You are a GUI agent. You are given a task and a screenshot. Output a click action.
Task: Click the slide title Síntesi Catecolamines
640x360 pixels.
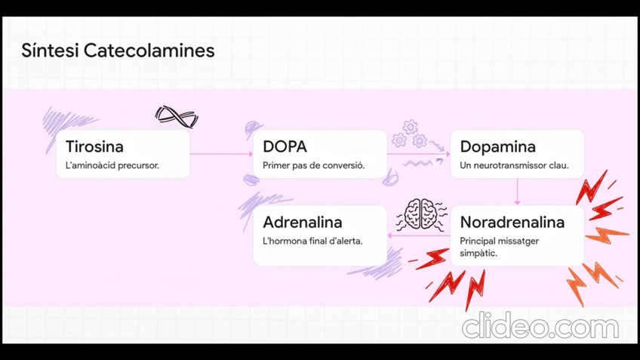click(118, 51)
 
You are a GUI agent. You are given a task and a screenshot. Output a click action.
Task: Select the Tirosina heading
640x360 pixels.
click(94, 146)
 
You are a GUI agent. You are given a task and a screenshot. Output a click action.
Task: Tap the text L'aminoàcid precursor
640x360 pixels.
click(112, 165)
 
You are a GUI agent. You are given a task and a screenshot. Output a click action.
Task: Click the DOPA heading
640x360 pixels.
click(285, 146)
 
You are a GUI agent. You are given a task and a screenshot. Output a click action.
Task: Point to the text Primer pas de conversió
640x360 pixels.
click(313, 165)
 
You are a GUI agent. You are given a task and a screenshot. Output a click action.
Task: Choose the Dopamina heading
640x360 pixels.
click(497, 146)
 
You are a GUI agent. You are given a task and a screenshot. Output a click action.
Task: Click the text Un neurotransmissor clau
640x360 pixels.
click(514, 165)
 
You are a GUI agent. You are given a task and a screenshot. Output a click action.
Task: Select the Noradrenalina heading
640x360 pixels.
click(512, 223)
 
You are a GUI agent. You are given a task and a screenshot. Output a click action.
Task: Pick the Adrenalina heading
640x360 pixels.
click(302, 223)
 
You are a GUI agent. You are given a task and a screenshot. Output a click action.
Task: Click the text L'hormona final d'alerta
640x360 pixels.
click(312, 242)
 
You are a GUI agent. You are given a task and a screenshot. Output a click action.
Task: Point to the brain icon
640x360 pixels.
click(420, 214)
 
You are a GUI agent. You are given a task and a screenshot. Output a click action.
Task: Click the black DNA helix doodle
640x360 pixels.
click(176, 116)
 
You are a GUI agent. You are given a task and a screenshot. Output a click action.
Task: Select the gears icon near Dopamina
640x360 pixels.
click(410, 134)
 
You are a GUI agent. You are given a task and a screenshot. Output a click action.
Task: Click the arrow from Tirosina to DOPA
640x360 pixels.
click(221, 154)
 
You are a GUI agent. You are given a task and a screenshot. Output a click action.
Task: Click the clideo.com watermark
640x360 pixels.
click(540, 327)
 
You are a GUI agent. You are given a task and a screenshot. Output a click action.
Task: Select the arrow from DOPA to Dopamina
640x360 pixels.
click(418, 154)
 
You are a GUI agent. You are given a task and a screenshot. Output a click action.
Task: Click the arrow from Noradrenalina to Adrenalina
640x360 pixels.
click(419, 235)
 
